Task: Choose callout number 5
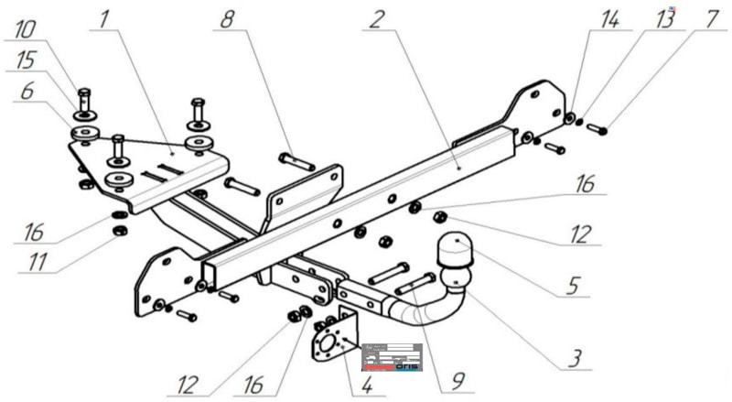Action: tap(573, 285)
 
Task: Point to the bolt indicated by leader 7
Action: tap(597, 129)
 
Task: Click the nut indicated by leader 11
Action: tap(119, 231)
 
